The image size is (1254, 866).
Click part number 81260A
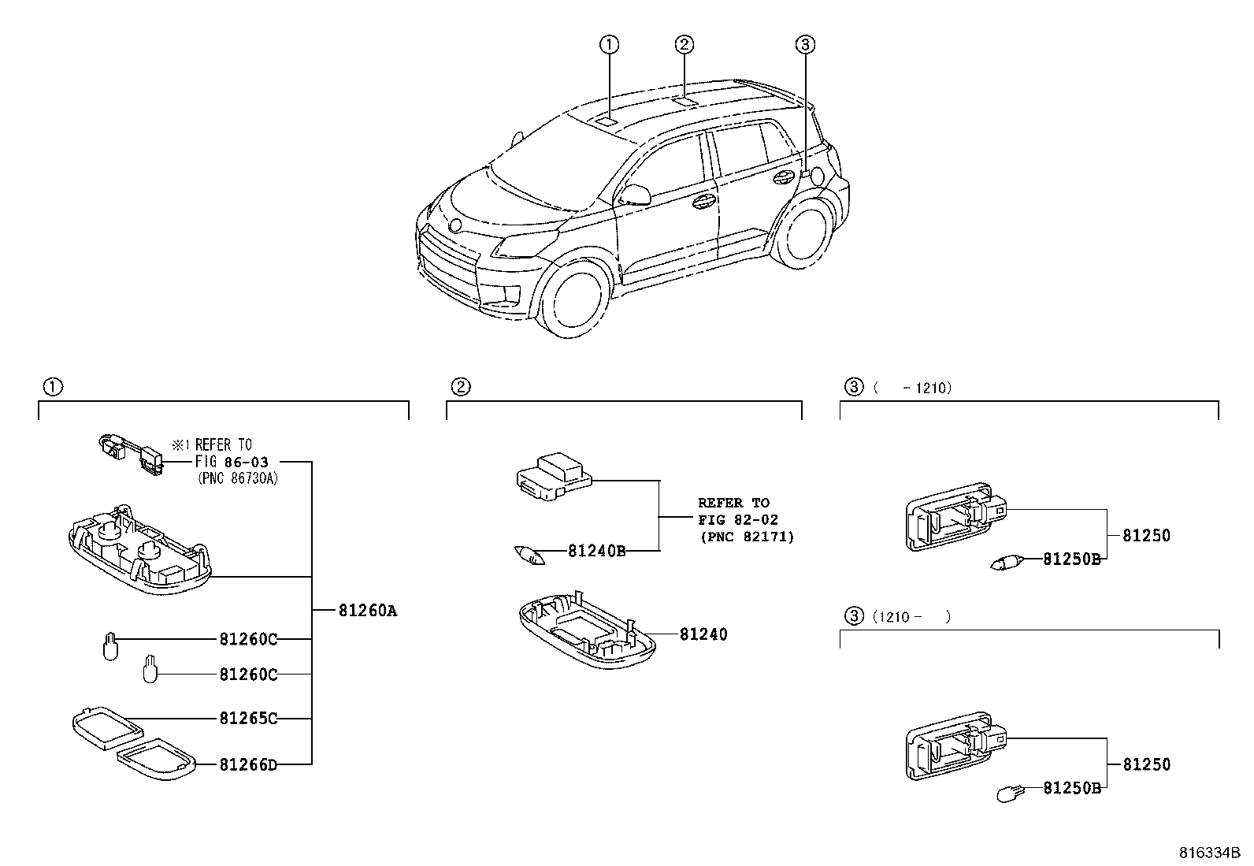[368, 610]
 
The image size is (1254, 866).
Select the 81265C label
[248, 719]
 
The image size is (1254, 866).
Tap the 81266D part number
[248, 764]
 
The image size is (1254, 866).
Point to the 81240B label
[596, 551]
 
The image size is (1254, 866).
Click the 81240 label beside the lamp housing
[703, 634]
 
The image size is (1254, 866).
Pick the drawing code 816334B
[1209, 853]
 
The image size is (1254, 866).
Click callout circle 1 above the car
[609, 45]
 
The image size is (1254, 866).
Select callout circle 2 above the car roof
[685, 44]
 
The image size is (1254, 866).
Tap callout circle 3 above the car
[803, 45]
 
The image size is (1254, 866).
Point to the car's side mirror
[636, 195]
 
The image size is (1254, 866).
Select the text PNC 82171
[746, 537]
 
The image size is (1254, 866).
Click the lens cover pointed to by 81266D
[156, 756]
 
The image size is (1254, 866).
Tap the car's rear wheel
[803, 234]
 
